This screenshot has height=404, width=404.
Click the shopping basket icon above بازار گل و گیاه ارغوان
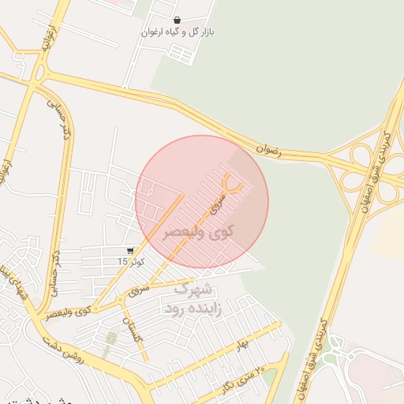(178, 20)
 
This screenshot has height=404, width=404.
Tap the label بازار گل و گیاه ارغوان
(178, 32)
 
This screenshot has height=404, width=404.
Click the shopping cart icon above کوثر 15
(130, 250)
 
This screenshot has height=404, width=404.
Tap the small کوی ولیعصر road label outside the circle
(68, 312)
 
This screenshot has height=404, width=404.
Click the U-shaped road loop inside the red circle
(233, 182)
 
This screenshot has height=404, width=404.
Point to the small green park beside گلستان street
(111, 339)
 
